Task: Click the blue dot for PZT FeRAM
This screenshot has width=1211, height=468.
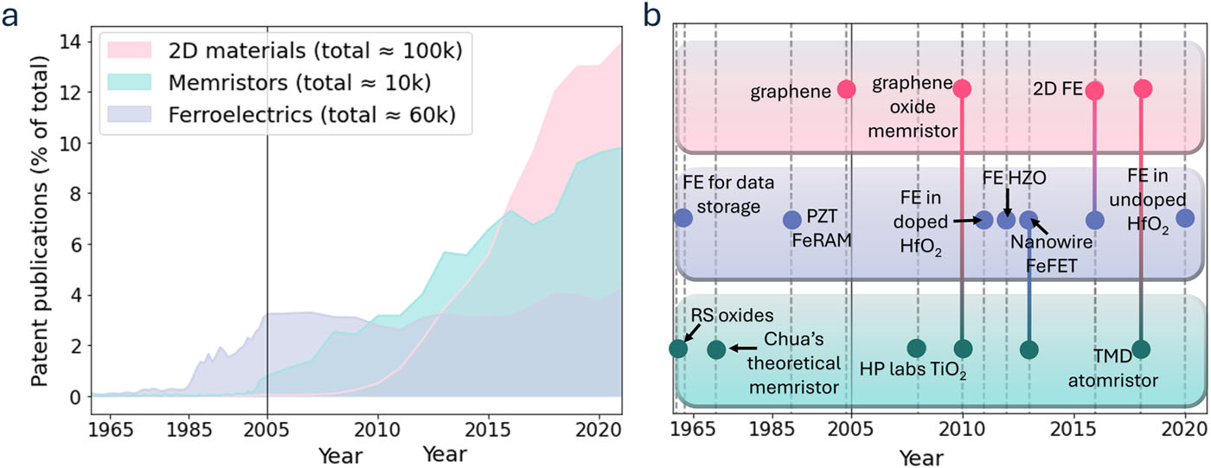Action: tap(791, 220)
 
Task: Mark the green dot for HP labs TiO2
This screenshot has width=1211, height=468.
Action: tap(917, 349)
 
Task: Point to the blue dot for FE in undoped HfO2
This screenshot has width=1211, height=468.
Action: tap(1185, 218)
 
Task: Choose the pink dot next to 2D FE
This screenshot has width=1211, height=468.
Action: tap(1095, 90)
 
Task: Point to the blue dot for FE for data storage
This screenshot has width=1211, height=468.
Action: tap(683, 217)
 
